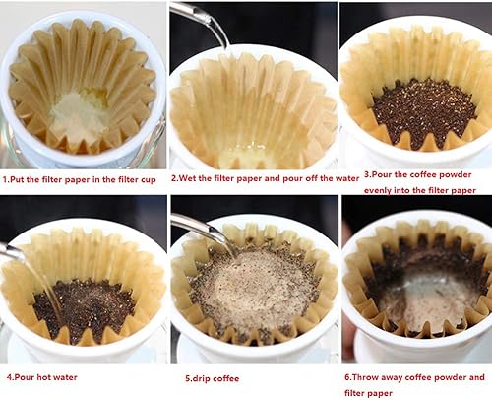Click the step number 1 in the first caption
tap(5, 179)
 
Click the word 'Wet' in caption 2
tap(188, 179)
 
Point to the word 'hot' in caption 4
tap(46, 376)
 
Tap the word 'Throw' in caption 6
tap(370, 376)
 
